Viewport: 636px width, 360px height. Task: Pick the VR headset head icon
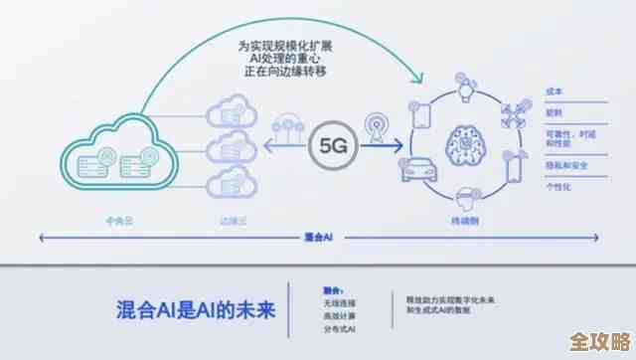coord(463,196)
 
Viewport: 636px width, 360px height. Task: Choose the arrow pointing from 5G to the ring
coord(391,154)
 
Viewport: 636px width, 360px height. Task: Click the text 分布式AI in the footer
coord(340,329)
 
